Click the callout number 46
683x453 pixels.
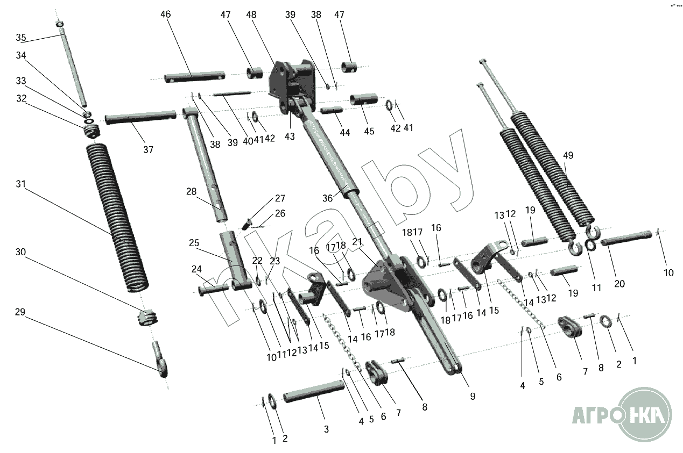(x=165, y=14)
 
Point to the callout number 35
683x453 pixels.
(x=20, y=38)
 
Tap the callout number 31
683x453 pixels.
(x=20, y=184)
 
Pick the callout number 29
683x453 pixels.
(x=20, y=312)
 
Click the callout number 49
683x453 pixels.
(x=568, y=156)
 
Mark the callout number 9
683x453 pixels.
(x=472, y=397)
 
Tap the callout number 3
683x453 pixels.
(x=326, y=429)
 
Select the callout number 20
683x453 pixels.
(x=619, y=284)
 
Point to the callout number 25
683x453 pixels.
(x=194, y=243)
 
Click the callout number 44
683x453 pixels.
(x=345, y=132)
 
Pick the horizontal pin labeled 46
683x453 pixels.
(x=194, y=76)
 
